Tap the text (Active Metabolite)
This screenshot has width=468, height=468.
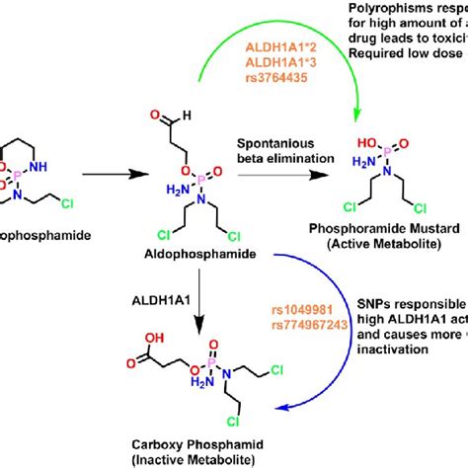coord(401,273)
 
